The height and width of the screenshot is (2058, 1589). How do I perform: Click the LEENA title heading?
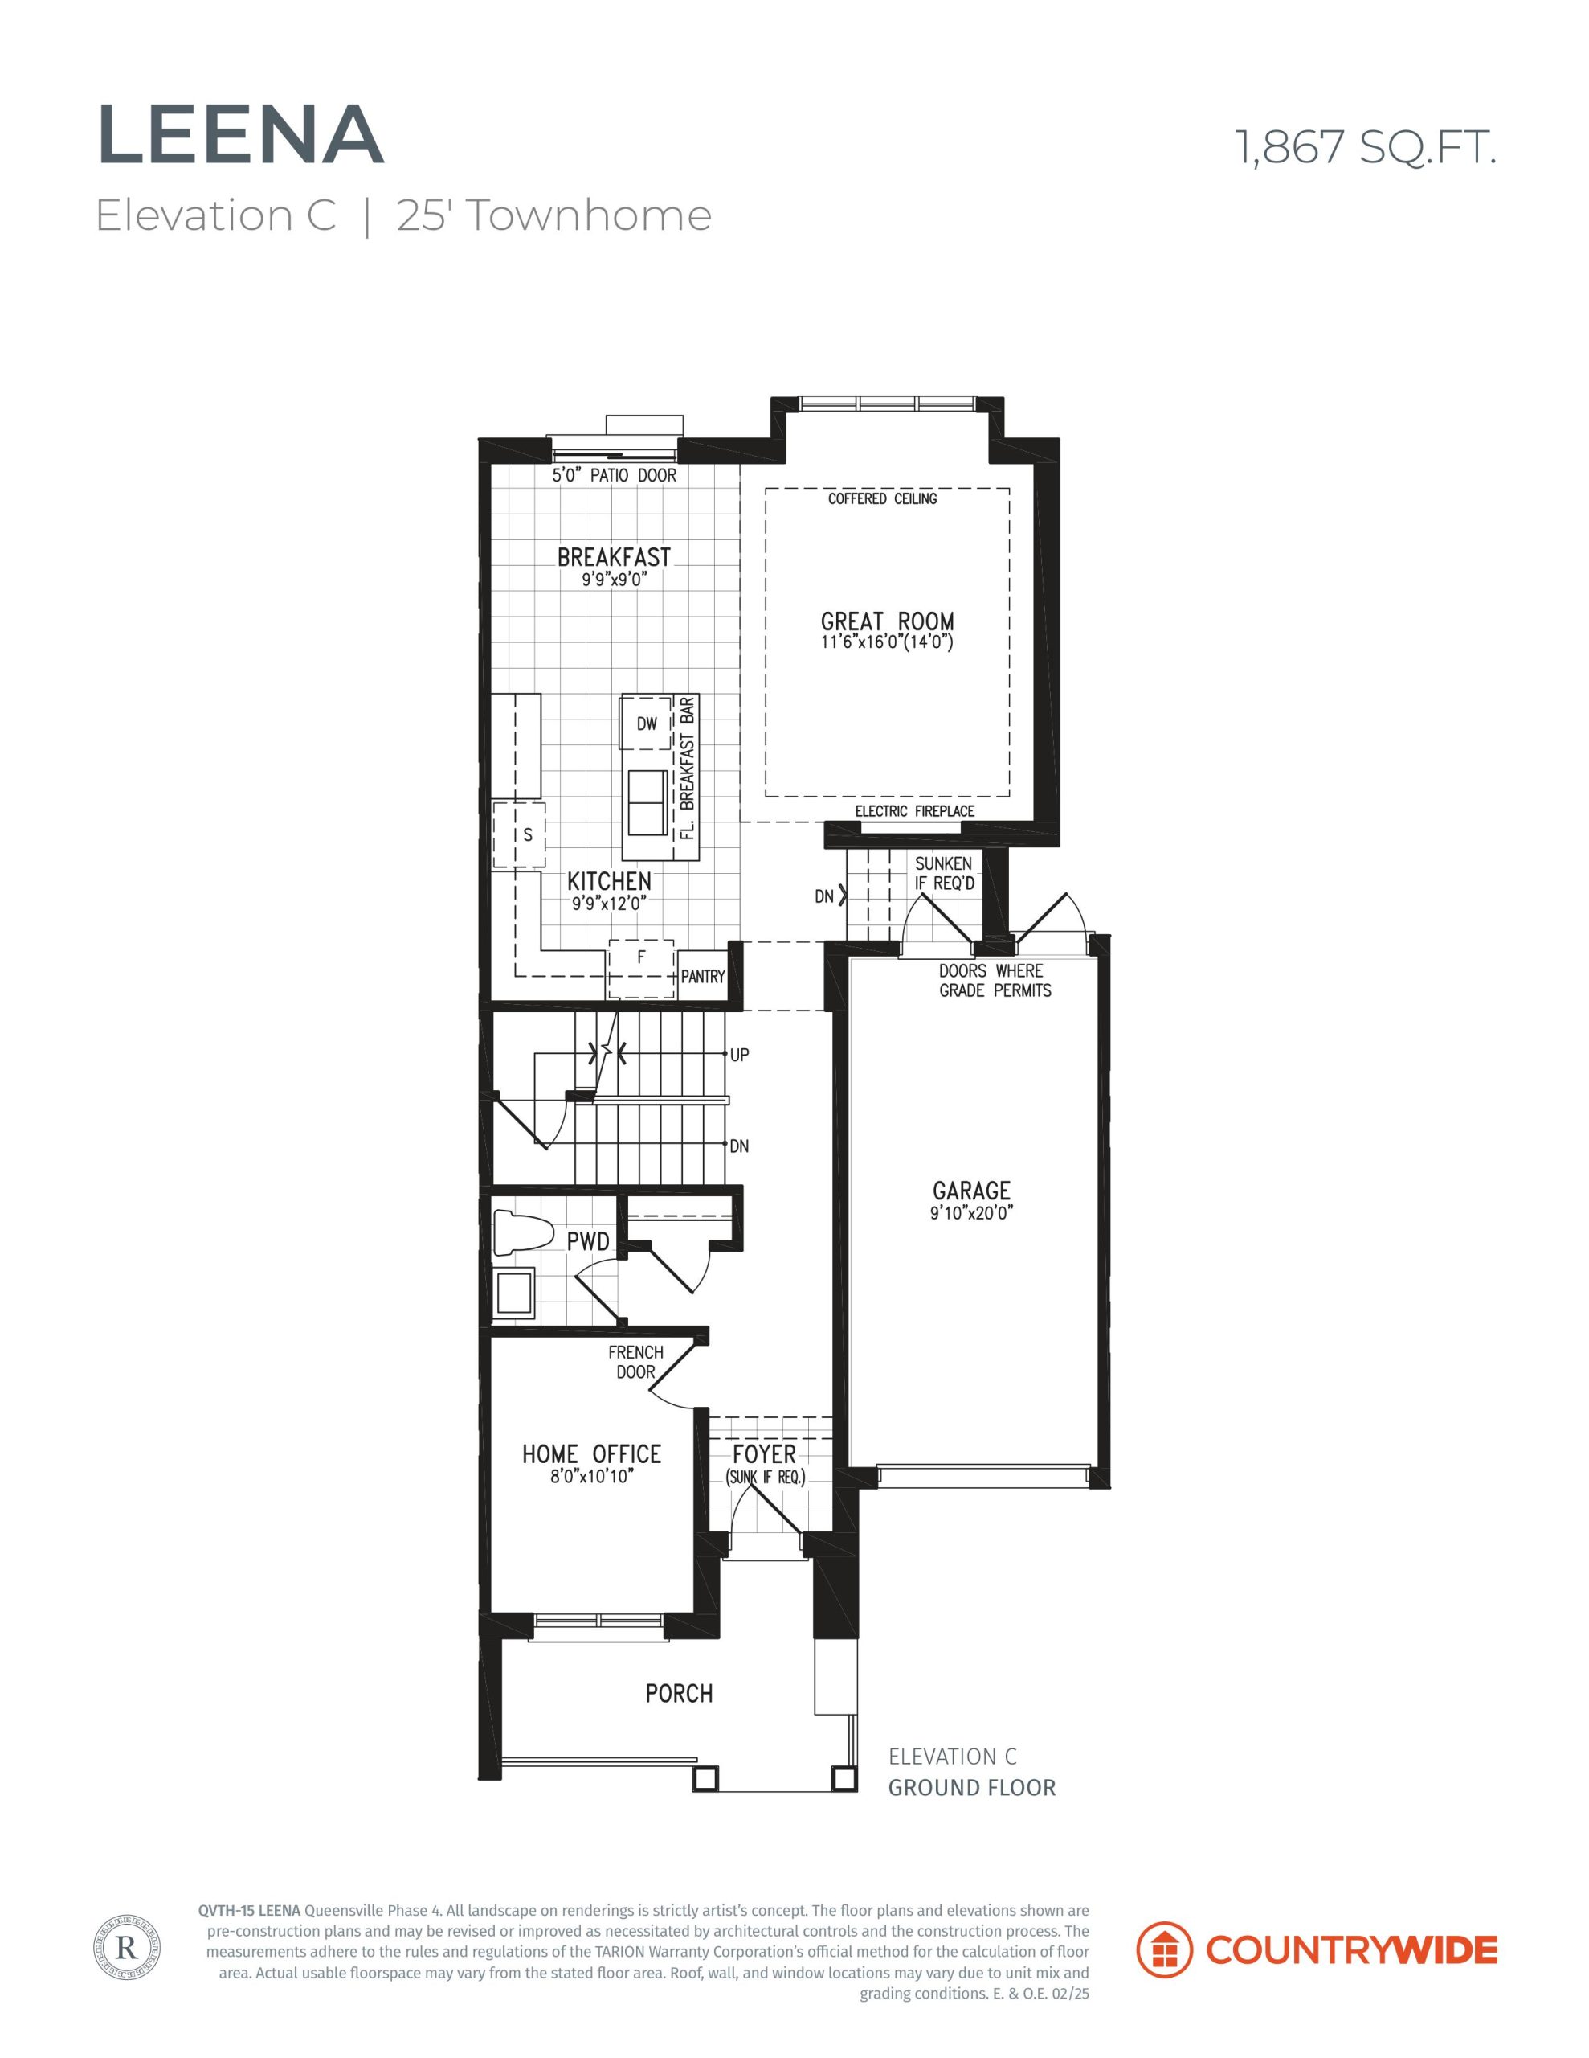coord(241,136)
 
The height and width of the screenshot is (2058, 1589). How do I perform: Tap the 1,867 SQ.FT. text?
coord(1366,148)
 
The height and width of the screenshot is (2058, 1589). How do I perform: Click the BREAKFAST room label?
coord(614,557)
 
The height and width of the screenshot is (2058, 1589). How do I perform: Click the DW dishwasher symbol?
coord(646,723)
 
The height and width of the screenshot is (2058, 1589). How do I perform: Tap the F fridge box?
coord(640,968)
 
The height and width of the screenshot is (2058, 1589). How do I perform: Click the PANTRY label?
coord(703,976)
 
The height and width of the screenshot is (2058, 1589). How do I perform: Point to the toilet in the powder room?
coord(522,1233)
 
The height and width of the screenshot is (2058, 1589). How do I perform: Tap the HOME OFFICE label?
coord(591,1454)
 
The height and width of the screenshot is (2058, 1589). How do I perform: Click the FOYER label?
coord(764,1454)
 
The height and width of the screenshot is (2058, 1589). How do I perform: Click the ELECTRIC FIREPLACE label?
coord(914,811)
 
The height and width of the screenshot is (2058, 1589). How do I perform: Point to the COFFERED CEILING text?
coord(883,498)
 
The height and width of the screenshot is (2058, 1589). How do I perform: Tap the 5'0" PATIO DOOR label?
coord(614,475)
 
